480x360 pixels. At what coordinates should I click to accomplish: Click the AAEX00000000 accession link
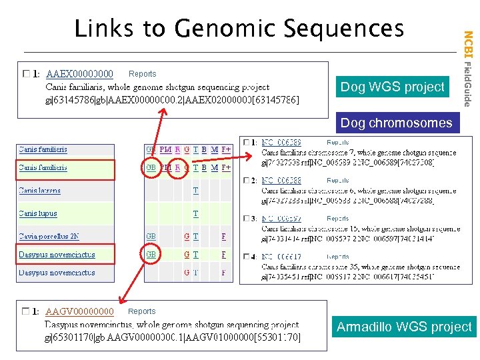[x=79, y=74]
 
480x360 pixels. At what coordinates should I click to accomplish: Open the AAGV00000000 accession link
[x=79, y=311]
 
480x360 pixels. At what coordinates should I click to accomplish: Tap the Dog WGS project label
[x=392, y=87]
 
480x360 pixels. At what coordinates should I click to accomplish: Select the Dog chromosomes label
[x=396, y=123]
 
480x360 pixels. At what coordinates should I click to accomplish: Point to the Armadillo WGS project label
[x=404, y=327]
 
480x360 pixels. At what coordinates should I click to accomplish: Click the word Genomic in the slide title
[x=223, y=29]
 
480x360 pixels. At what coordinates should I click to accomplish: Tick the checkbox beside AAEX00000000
[x=27, y=73]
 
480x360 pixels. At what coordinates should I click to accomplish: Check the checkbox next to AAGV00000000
[x=27, y=311]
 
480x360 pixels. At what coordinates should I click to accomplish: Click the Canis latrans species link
[x=40, y=191]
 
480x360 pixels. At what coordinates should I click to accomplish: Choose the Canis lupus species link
[x=38, y=214]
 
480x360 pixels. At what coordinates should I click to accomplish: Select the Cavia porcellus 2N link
[x=49, y=237]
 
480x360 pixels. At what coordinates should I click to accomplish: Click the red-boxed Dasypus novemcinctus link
[x=57, y=255]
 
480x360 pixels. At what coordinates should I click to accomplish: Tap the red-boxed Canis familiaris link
[x=43, y=168]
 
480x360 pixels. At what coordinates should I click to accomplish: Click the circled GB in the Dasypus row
[x=151, y=255]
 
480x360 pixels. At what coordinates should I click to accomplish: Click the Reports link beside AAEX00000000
[x=142, y=74]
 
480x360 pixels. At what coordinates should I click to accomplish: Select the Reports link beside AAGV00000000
[x=141, y=311]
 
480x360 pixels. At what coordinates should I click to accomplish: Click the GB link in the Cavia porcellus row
[x=151, y=237]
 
